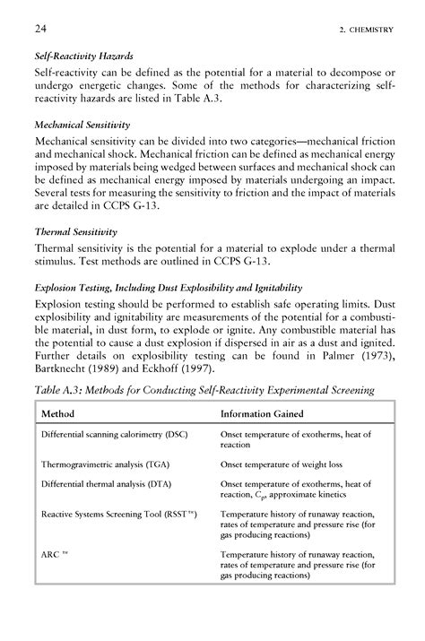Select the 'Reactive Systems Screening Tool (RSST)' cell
click(x=118, y=515)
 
